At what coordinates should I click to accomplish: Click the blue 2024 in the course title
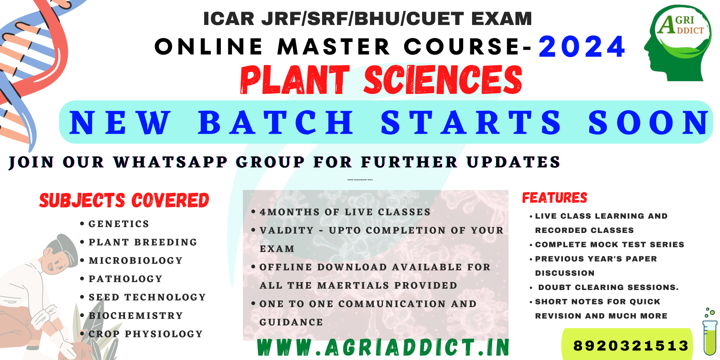pos(582,47)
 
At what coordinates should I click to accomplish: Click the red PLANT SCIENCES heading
pos(381,80)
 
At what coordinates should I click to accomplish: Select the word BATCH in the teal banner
pos(276,122)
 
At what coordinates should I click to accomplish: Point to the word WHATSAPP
pos(170,162)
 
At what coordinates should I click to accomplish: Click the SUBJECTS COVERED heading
pos(124,200)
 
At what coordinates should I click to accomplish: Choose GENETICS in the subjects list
pos(119,224)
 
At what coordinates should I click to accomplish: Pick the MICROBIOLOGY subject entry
pos(136,261)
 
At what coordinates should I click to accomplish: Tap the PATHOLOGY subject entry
pos(125,279)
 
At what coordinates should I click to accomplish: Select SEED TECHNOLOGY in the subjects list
pos(147,297)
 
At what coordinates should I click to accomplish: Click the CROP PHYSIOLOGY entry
pos(145,334)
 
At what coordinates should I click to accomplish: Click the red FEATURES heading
pos(555,197)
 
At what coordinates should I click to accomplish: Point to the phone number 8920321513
pos(631,345)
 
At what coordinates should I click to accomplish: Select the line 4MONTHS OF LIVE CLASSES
pos(345,212)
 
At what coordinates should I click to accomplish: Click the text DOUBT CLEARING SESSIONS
pos(608,287)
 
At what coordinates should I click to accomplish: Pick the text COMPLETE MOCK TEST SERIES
pos(610,245)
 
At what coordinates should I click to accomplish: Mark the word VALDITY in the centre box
pos(286,230)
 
